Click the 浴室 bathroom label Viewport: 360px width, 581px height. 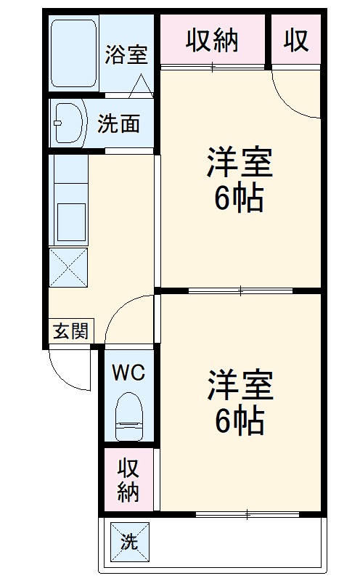click(x=126, y=54)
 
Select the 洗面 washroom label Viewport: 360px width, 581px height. click(x=118, y=124)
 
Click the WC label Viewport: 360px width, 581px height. click(x=128, y=373)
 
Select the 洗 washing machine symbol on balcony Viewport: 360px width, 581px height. click(x=129, y=540)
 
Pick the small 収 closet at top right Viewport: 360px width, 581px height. click(x=296, y=41)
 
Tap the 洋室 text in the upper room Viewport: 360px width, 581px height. click(x=239, y=163)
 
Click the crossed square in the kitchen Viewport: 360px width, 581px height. click(x=68, y=266)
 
